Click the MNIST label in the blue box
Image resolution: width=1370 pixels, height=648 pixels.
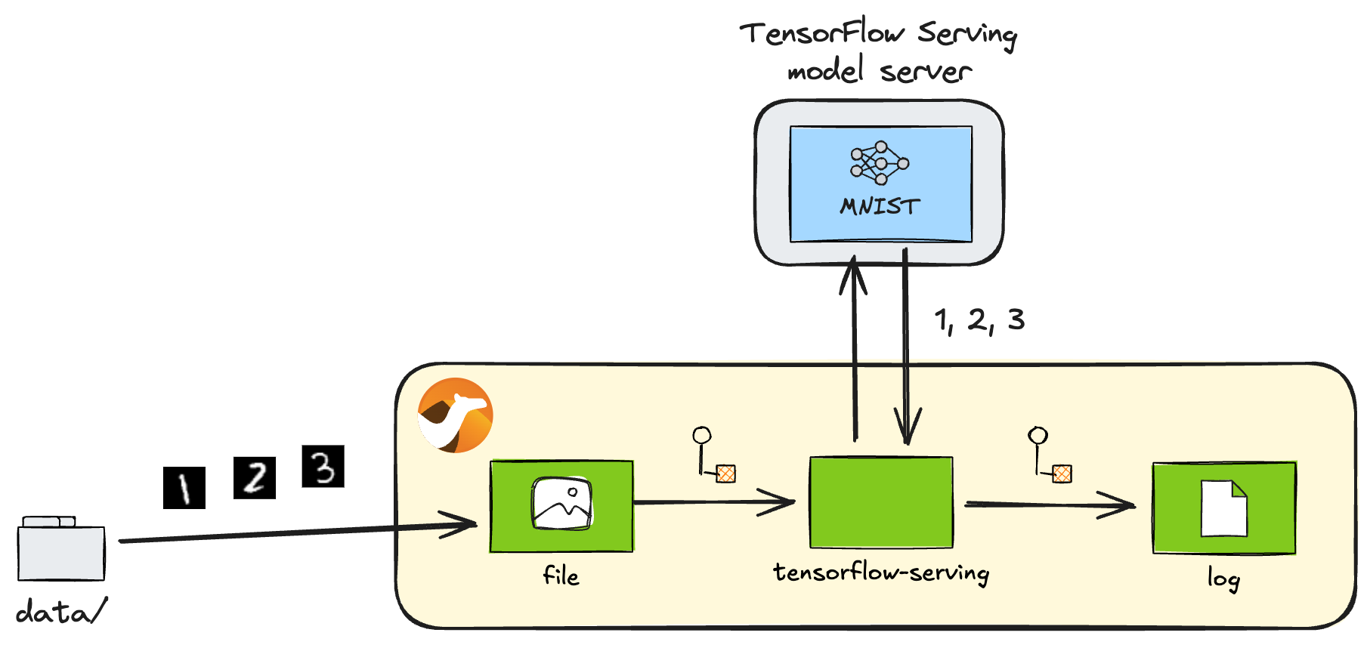(x=880, y=206)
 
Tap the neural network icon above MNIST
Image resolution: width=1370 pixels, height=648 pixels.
(x=880, y=162)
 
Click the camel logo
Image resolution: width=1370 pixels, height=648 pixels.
(x=456, y=415)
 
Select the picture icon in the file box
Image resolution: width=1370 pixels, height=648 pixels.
(x=561, y=503)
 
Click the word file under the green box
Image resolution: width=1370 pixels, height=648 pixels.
(x=561, y=576)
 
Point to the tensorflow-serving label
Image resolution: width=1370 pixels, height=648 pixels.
(x=881, y=572)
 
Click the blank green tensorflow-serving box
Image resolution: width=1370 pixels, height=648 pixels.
(x=881, y=502)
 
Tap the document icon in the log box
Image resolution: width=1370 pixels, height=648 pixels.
(x=1223, y=508)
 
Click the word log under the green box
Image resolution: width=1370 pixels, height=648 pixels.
(x=1223, y=579)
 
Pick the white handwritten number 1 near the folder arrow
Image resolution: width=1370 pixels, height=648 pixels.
(x=184, y=488)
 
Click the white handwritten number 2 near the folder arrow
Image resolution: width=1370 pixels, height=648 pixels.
(x=256, y=477)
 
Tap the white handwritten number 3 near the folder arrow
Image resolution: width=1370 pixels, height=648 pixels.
(x=323, y=468)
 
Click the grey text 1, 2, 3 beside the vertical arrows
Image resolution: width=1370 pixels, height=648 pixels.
(x=979, y=320)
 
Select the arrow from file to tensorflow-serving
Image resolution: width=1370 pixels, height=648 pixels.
(x=713, y=501)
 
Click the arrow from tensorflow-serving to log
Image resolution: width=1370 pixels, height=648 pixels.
(x=1050, y=505)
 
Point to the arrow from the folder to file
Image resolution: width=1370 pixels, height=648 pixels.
(x=295, y=532)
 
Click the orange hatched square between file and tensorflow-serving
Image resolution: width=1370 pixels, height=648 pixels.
(x=725, y=474)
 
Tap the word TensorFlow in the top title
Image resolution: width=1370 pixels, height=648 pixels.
(x=822, y=34)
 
